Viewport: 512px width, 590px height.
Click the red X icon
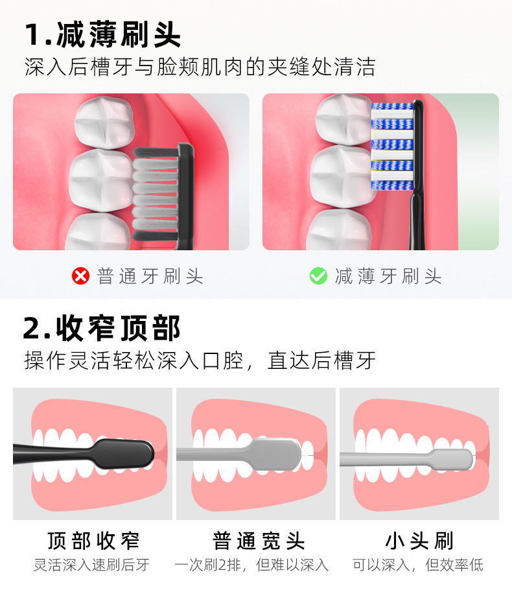pyautogui.click(x=80, y=276)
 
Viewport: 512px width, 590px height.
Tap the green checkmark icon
pyautogui.click(x=318, y=276)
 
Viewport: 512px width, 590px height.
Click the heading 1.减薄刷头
pyautogui.click(x=102, y=34)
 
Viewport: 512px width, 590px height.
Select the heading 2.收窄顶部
pyautogui.click(x=102, y=328)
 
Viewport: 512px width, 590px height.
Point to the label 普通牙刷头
pyautogui.click(x=150, y=276)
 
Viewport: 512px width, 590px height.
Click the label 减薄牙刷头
pyautogui.click(x=388, y=276)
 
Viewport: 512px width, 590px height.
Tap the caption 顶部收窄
pyautogui.click(x=93, y=541)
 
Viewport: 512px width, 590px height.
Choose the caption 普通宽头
pyautogui.click(x=259, y=541)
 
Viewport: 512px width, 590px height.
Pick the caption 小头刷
pyautogui.click(x=419, y=541)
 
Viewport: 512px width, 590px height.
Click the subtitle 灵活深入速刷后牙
pyautogui.click(x=91, y=565)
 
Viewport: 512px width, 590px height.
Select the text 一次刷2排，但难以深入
pyautogui.click(x=251, y=565)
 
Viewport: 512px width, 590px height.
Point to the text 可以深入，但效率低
pyautogui.click(x=418, y=565)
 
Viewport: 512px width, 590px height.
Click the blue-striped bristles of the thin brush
pyautogui.click(x=392, y=146)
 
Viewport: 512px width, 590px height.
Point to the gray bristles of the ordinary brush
pyautogui.click(x=155, y=194)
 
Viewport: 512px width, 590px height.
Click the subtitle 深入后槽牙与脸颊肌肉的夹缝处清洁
pyautogui.click(x=200, y=67)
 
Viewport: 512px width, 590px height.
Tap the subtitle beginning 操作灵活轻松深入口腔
pyautogui.click(x=200, y=360)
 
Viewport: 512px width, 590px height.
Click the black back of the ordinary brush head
pyautogui.click(x=186, y=196)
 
